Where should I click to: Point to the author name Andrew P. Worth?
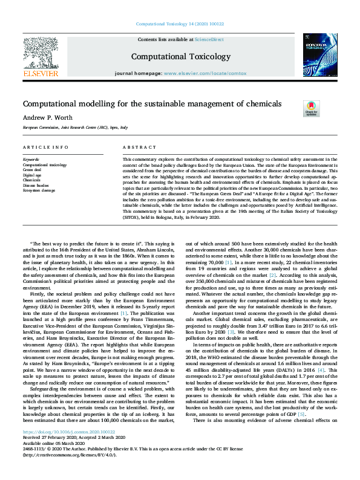[47, 118]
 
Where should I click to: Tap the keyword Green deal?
[33, 170]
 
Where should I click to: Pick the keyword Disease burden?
[36, 184]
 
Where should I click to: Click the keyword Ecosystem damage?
[39, 189]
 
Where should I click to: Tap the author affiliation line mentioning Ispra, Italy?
[75, 128]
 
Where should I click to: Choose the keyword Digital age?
[33, 175]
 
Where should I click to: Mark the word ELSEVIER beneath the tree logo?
[41, 73]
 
